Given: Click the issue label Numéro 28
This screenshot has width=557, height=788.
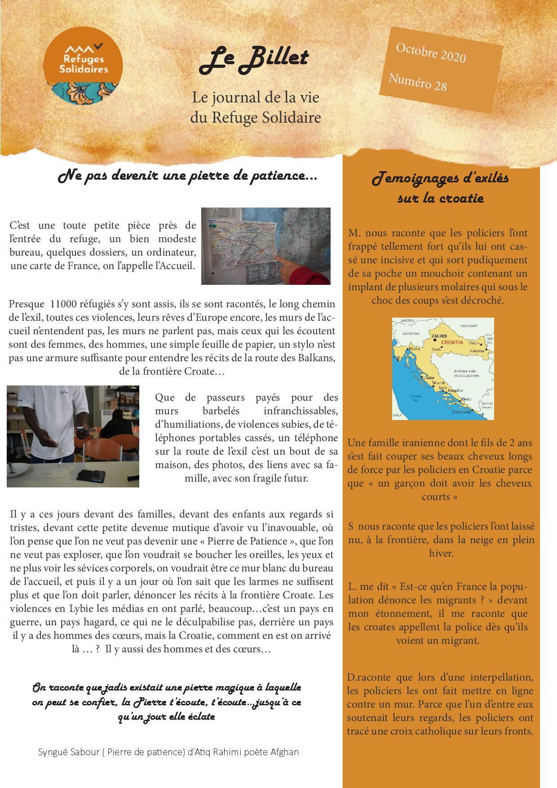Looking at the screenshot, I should click(x=417, y=82).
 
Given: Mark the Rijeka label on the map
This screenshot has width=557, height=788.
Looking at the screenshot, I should click(x=415, y=349).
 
